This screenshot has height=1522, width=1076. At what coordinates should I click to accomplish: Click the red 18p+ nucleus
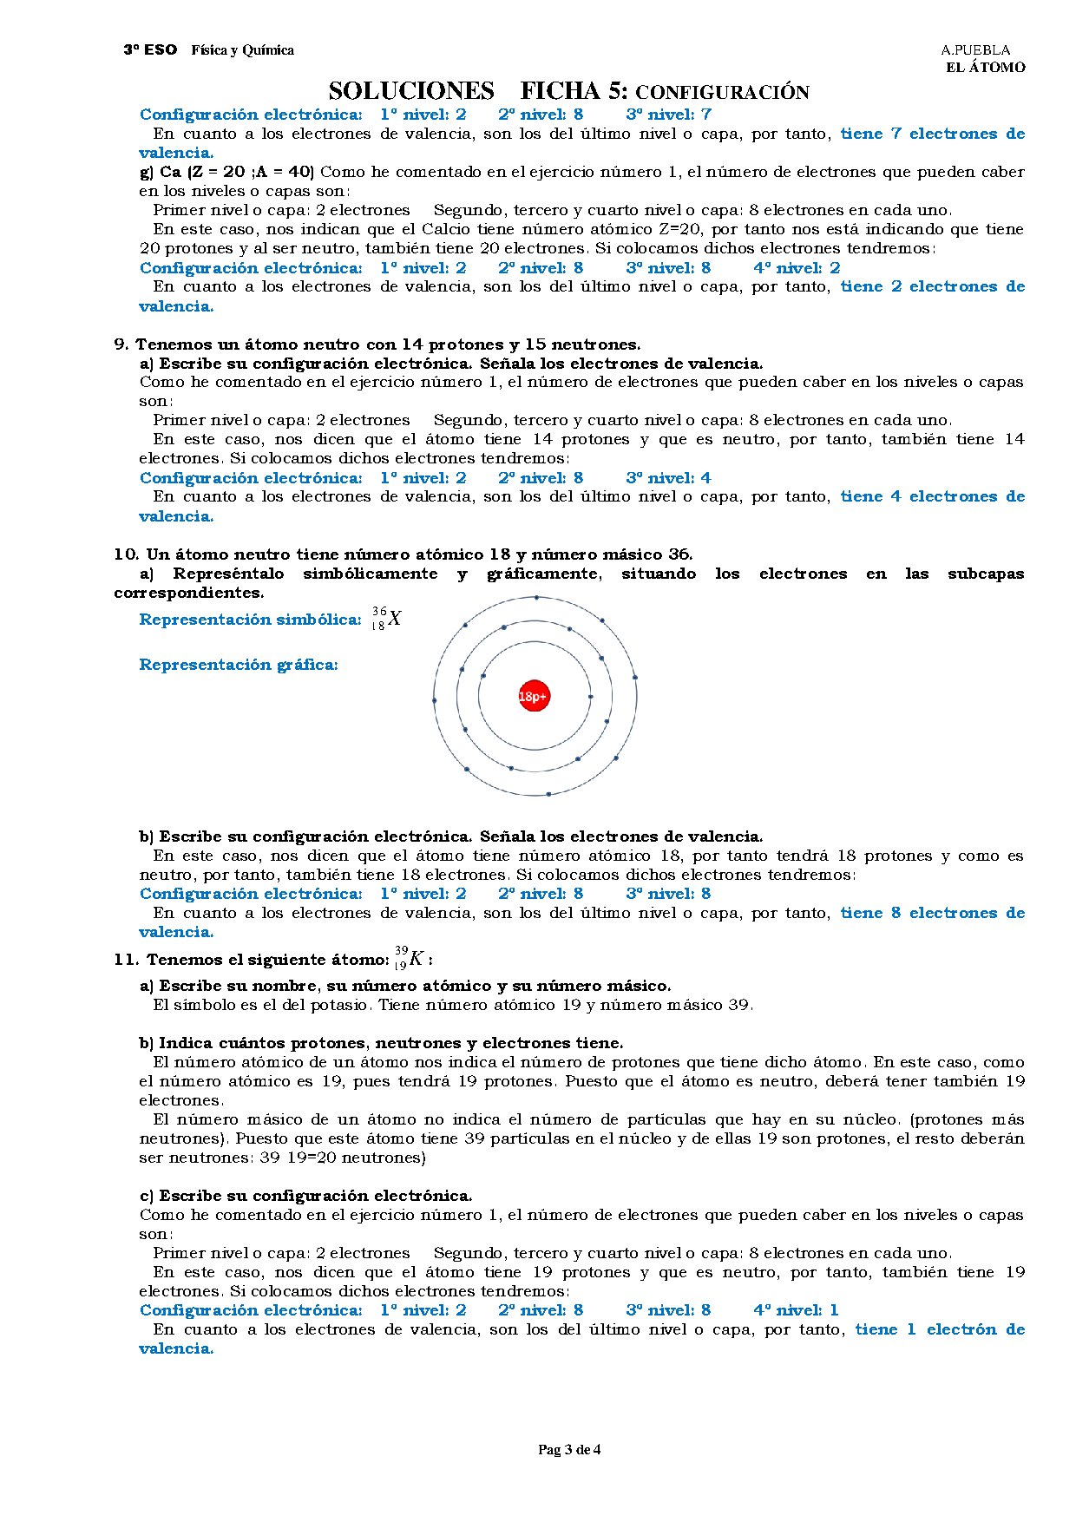[x=535, y=696]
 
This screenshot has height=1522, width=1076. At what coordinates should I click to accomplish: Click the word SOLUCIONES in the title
[x=411, y=91]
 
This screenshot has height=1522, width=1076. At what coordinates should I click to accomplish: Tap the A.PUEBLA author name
[x=975, y=50]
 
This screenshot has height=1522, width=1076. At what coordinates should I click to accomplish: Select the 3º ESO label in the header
[x=150, y=50]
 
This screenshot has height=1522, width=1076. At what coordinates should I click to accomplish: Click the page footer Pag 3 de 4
[x=569, y=1449]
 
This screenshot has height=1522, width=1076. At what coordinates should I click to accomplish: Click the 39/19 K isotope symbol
[x=409, y=959]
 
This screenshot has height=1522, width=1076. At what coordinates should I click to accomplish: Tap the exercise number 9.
[x=121, y=344]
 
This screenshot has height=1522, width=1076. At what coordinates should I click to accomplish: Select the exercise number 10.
[x=125, y=554]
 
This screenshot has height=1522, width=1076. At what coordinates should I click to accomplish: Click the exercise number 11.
[x=125, y=960]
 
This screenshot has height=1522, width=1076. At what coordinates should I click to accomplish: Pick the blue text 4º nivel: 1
[x=796, y=1310]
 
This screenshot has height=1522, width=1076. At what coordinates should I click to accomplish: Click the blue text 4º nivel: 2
[x=797, y=268]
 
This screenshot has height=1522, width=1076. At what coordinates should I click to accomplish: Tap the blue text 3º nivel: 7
[x=668, y=115]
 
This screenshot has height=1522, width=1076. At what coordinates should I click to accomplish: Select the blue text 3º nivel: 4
[x=668, y=478]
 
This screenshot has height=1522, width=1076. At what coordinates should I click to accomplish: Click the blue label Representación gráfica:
[x=239, y=665]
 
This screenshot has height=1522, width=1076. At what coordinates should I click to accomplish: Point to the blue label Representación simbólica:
[x=250, y=620]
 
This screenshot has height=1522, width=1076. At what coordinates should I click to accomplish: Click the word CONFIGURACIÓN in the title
[x=722, y=93]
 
